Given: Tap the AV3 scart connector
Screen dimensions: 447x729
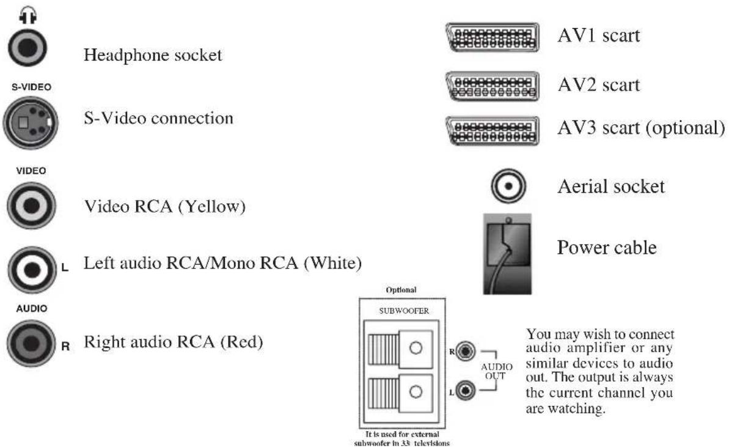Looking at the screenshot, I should pos(493,130).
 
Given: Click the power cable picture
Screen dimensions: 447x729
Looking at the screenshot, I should pos(507,254).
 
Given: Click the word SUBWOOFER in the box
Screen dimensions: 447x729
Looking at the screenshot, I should pos(401,311).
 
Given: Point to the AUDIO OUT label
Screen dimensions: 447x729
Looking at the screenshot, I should pos(496,371).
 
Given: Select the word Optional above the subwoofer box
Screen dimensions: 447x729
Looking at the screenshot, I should pos(401,290).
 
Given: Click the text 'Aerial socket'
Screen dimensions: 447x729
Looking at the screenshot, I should pos(610,187).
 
